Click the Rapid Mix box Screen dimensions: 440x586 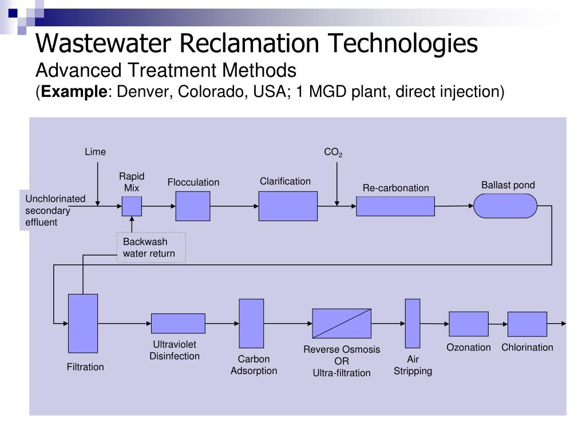[132, 206]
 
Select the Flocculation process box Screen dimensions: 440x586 [193, 206]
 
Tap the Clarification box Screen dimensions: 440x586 [288, 206]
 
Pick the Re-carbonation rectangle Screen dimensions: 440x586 [395, 206]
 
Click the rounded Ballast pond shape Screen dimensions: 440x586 [505, 206]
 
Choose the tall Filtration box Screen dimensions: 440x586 [83, 323]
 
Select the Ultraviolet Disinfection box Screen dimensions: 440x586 [178, 323]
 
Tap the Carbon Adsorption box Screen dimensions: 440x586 [251, 323]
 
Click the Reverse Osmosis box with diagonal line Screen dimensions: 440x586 [342, 323]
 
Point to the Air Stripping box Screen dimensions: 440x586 [413, 323]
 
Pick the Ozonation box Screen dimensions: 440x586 [469, 324]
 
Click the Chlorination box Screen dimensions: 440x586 [527, 324]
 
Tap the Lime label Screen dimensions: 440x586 [96, 152]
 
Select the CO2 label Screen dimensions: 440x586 [333, 152]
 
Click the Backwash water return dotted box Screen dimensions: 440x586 [151, 247]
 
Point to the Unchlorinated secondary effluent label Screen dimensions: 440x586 [55, 210]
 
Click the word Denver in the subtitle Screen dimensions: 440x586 [142, 92]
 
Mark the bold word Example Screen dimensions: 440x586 [74, 92]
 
